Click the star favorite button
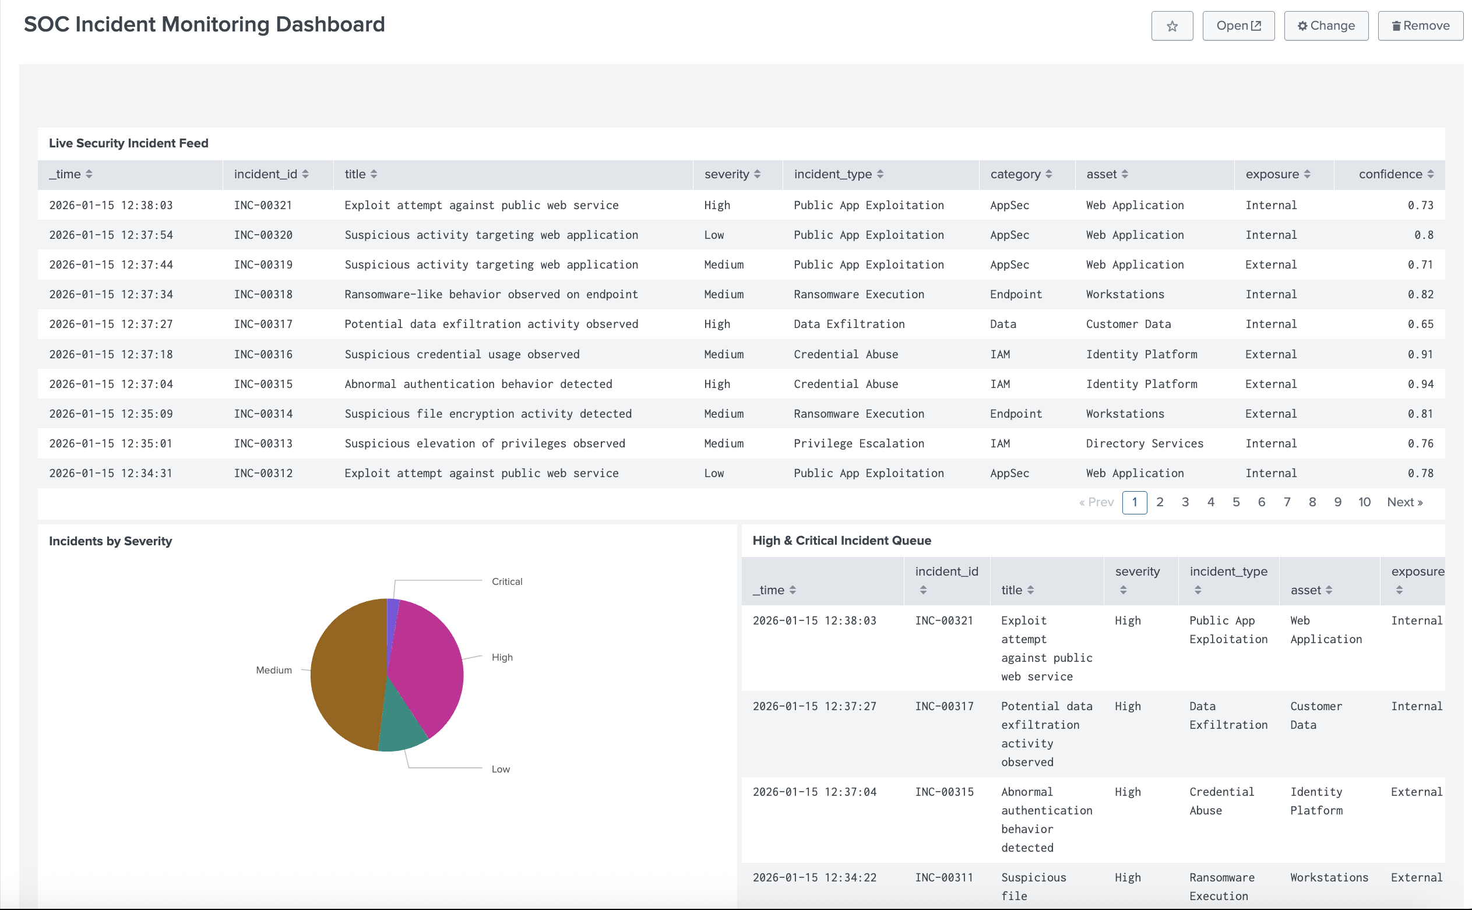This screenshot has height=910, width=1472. click(x=1171, y=26)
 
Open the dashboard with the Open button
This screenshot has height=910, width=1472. click(x=1238, y=26)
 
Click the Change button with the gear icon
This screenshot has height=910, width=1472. click(x=1326, y=26)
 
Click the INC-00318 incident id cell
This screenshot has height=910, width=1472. click(x=263, y=294)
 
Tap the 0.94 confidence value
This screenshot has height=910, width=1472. click(x=1420, y=384)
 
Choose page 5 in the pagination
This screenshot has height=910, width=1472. click(x=1235, y=502)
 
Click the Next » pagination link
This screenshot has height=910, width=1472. click(x=1404, y=502)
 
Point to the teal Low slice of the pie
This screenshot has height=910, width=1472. click(x=400, y=725)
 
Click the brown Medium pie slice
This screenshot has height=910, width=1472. click(x=346, y=674)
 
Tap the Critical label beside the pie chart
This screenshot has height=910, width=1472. click(x=506, y=581)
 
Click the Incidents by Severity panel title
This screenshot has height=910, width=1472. click(x=110, y=541)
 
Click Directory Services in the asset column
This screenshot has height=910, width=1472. click(x=1144, y=443)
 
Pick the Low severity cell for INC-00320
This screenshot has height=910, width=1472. click(x=713, y=235)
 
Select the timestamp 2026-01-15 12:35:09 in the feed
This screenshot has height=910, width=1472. click(x=111, y=414)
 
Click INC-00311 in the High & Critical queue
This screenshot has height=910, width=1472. click(x=943, y=877)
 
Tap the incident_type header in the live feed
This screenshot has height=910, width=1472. click(x=832, y=174)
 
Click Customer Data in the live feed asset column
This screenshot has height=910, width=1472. click(x=1128, y=324)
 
